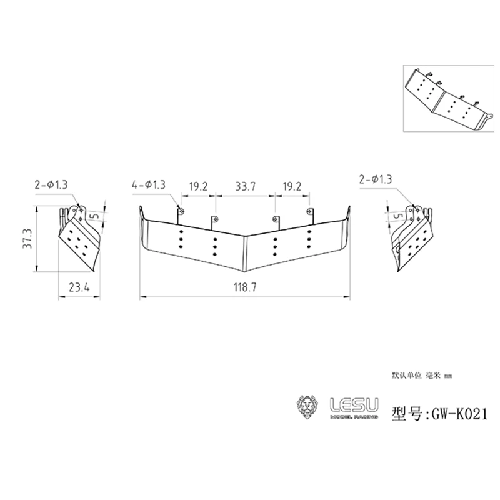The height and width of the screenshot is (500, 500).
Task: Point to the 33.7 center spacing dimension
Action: click(x=244, y=186)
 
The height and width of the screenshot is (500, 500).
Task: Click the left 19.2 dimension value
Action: click(x=198, y=186)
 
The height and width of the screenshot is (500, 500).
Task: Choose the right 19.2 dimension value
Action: click(x=292, y=186)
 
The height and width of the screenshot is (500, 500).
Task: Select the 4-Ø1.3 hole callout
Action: click(x=149, y=185)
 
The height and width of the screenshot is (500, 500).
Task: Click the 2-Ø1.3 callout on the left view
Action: click(x=51, y=184)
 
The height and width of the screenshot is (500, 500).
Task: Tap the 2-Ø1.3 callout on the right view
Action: click(x=377, y=180)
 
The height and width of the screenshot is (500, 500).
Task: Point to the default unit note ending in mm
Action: click(x=421, y=376)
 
